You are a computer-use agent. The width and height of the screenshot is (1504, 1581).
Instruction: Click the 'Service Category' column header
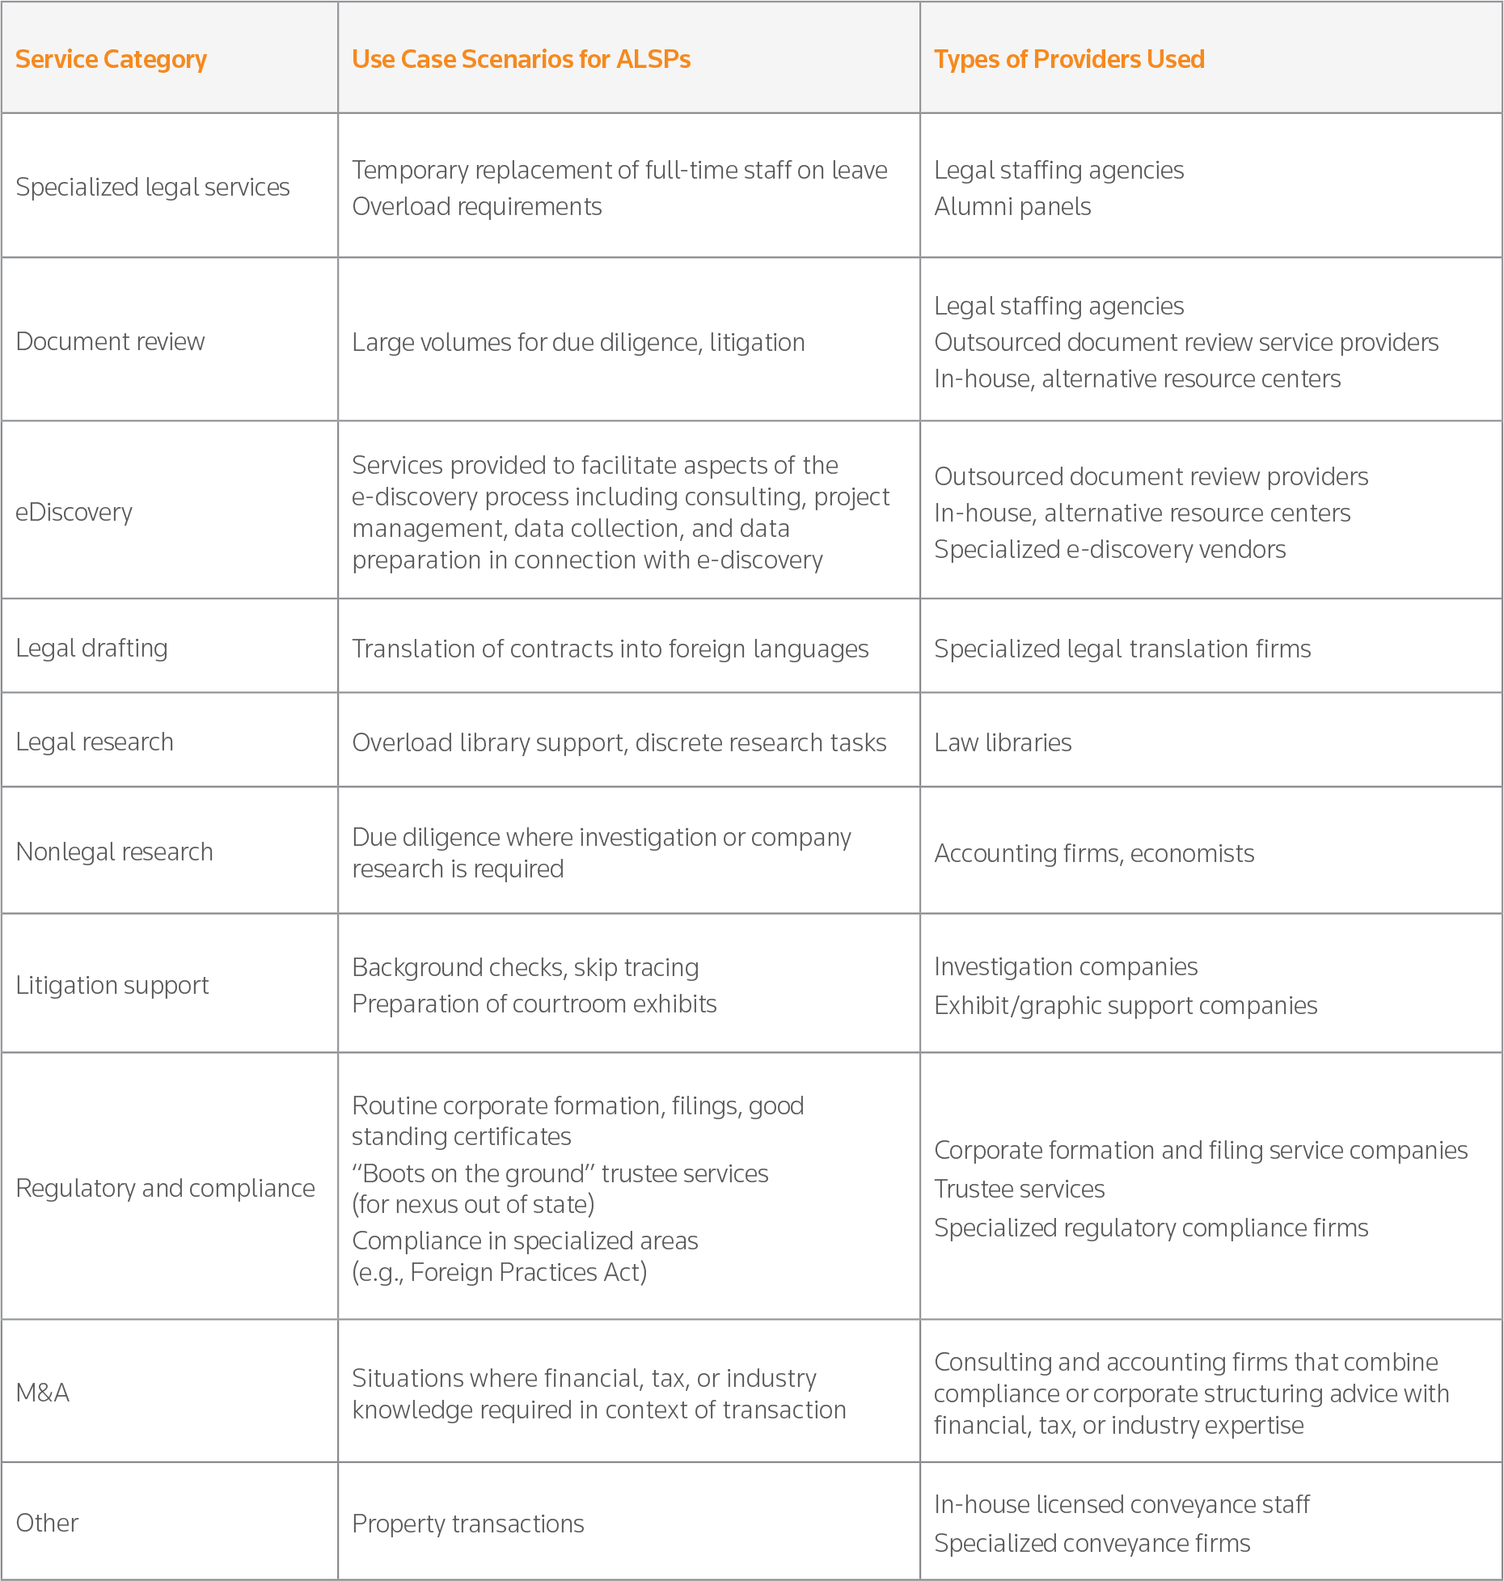pos(111,59)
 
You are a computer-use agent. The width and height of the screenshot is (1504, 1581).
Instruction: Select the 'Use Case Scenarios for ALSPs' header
pos(521,59)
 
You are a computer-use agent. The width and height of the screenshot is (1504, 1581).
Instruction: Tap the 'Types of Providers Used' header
pos(1068,59)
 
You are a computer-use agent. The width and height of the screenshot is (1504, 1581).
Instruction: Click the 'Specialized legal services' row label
pos(152,187)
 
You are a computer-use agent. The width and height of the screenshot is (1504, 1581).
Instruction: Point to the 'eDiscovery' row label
pos(74,512)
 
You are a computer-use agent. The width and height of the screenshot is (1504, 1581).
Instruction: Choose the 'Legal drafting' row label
pos(91,648)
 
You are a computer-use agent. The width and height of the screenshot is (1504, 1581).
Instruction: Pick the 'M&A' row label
pos(42,1392)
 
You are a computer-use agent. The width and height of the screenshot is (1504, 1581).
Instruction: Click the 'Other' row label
pos(47,1523)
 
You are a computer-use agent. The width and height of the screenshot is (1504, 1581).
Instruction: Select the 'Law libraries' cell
pos(1002,742)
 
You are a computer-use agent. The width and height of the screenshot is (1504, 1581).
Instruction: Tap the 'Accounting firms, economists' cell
pos(1093,853)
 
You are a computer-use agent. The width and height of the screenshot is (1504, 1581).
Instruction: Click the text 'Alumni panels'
pos(1012,206)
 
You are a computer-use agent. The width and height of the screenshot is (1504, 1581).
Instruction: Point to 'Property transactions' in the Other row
pos(467,1524)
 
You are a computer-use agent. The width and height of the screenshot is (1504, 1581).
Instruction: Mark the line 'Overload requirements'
pos(476,206)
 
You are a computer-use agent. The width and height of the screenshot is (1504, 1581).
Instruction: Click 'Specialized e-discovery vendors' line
pos(1109,549)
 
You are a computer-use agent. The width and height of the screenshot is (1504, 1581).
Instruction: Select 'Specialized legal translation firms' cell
pos(1122,649)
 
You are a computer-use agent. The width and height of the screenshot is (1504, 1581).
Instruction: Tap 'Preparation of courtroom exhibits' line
pos(534,1004)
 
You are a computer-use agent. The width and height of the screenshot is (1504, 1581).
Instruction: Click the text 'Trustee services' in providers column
pos(1019,1189)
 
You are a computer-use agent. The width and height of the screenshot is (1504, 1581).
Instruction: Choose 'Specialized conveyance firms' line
pos(1092,1543)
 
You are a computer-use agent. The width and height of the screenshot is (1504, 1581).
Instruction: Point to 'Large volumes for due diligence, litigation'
pos(578,342)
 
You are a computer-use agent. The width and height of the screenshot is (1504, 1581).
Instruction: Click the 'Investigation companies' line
pos(1065,966)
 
